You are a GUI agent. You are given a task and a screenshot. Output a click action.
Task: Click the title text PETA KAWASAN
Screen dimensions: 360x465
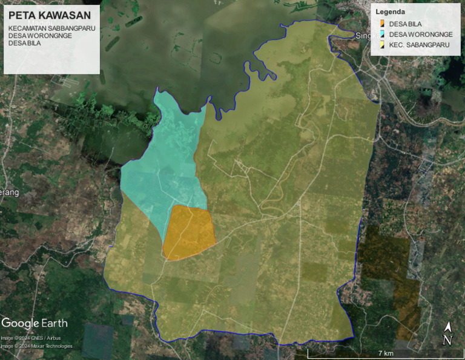(x=50, y=15)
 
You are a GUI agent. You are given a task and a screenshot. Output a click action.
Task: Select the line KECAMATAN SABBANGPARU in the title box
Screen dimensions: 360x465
(x=52, y=28)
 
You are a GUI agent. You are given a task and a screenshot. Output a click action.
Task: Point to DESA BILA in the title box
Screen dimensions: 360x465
(x=25, y=43)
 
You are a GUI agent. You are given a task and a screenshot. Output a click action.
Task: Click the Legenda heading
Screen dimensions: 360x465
(x=391, y=12)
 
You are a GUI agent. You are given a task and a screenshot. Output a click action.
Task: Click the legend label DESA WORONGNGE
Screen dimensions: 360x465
(x=421, y=35)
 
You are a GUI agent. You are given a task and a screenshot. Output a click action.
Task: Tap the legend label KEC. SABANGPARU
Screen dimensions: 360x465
(x=420, y=45)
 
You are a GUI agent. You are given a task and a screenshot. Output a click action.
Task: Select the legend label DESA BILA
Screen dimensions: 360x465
(x=405, y=24)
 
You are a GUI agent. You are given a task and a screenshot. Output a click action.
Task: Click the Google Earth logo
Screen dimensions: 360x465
(x=35, y=323)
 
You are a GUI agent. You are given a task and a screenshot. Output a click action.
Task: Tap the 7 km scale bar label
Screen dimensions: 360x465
(x=386, y=353)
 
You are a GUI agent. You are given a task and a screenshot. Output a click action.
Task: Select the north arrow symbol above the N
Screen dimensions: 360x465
(x=447, y=327)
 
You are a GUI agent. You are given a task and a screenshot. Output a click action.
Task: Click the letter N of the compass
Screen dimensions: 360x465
(x=447, y=341)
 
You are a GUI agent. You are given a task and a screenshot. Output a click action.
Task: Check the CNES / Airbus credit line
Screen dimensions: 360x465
(x=31, y=338)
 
